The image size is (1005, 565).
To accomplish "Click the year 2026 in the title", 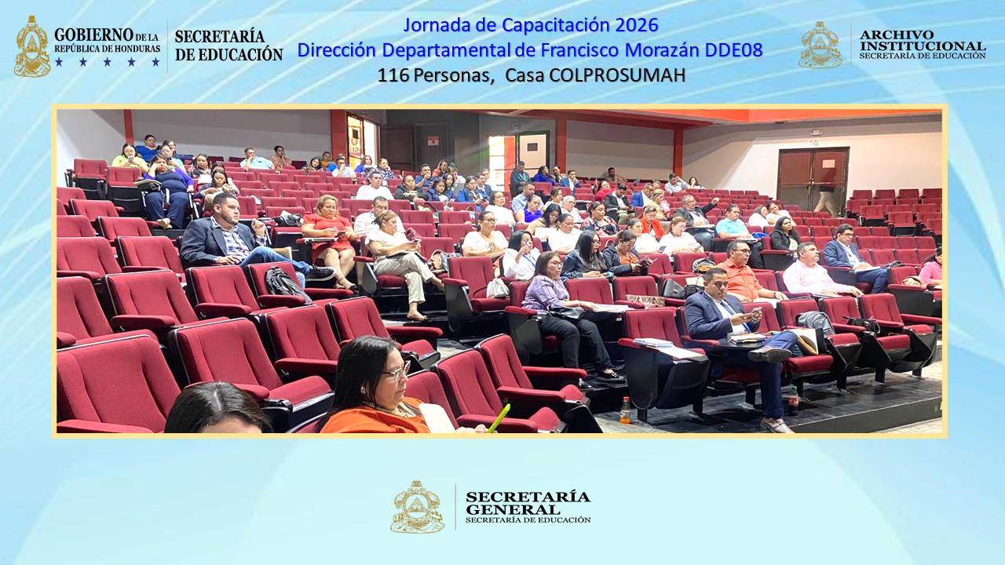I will pyautogui.click(x=637, y=24).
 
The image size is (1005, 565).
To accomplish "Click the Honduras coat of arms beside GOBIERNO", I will pyautogui.click(x=32, y=47).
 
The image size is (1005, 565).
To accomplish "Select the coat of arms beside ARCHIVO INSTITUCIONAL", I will pyautogui.click(x=820, y=45).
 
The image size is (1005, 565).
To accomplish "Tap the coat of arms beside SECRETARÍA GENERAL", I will pyautogui.click(x=417, y=507).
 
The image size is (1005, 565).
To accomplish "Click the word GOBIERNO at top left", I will pyautogui.click(x=93, y=35).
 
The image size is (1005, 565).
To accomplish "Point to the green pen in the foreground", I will pyautogui.click(x=499, y=418).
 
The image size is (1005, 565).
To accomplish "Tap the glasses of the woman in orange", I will pyautogui.click(x=395, y=370).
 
